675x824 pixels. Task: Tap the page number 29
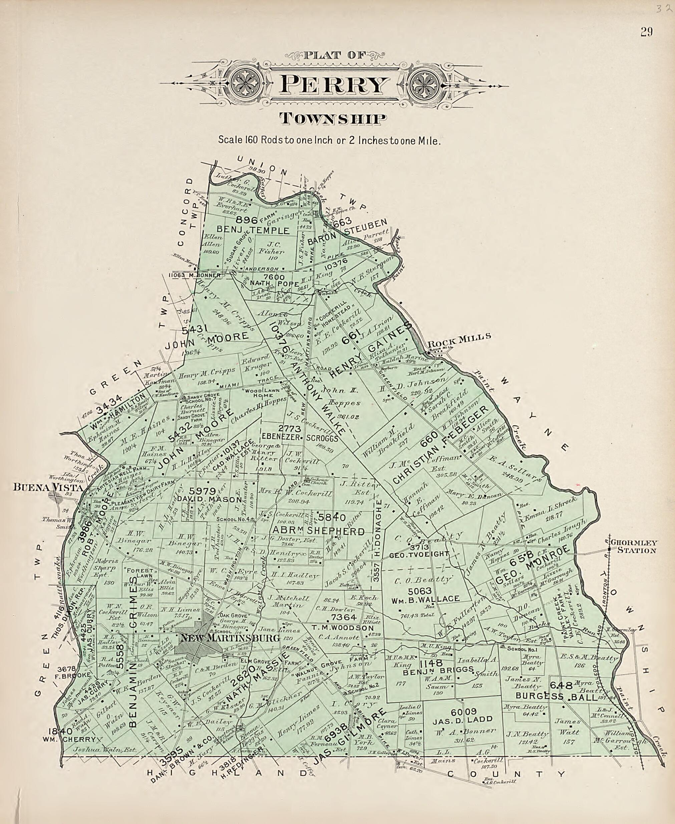pyautogui.click(x=646, y=32)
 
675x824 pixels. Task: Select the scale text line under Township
pyautogui.click(x=329, y=139)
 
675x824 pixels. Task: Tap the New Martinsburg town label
pyautogui.click(x=230, y=638)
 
